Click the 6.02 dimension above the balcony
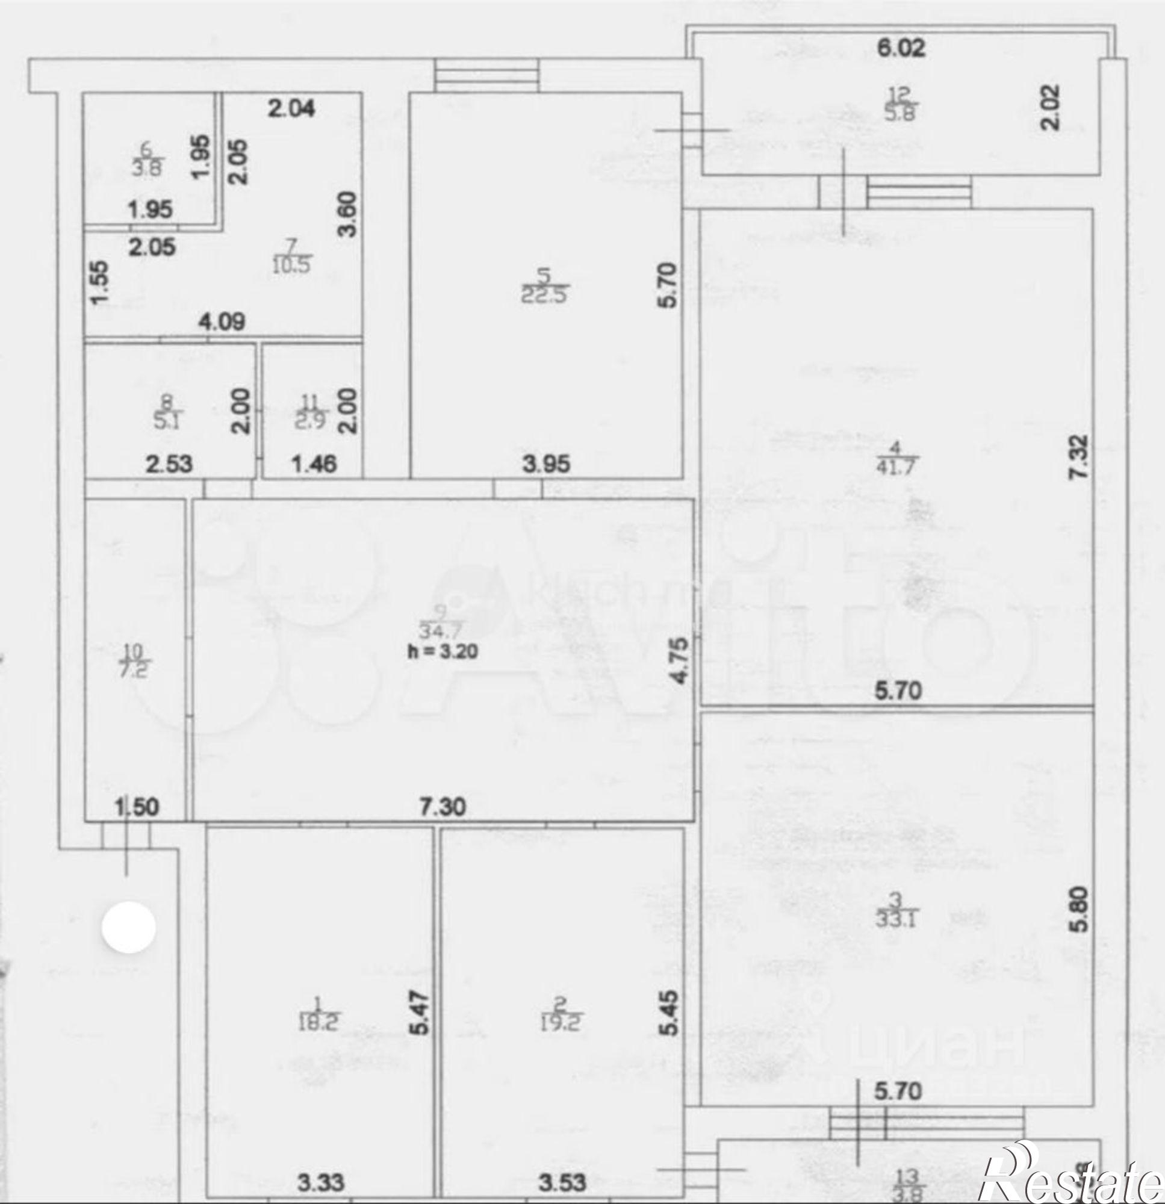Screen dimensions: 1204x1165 point(900,48)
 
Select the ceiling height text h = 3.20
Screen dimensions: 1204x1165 point(443,651)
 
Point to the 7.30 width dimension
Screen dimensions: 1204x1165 point(443,807)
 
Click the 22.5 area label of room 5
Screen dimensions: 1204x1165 point(545,295)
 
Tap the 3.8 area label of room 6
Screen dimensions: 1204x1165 point(147,168)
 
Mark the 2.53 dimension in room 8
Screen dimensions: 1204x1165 point(169,463)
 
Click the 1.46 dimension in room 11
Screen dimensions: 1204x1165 point(314,463)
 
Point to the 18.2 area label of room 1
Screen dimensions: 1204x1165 point(318,1023)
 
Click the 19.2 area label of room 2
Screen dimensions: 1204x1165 point(561,1023)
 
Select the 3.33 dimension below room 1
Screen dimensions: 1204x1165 point(321,1181)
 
